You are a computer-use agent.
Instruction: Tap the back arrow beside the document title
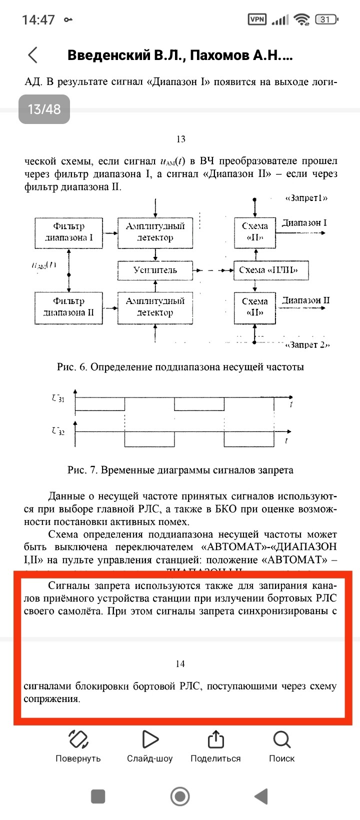tap(33, 55)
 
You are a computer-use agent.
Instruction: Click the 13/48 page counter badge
tap(44, 109)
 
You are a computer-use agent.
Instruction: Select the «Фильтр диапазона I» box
tap(69, 232)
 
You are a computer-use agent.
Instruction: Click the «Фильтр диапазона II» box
tap(69, 307)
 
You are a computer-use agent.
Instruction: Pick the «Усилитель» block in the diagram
tap(155, 270)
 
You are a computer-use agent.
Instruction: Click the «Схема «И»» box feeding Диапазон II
tap(255, 307)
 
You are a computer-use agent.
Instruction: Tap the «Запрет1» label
tap(306, 198)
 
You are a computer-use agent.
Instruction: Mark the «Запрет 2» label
tap(307, 345)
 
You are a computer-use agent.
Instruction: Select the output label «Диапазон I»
tap(304, 223)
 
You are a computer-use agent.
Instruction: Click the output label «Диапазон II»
tap(305, 300)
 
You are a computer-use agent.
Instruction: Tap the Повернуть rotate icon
tap(78, 739)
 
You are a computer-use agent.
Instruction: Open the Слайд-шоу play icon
tap(149, 739)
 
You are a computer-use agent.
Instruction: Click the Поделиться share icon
tap(215, 739)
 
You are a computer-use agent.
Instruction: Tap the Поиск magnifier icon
tap(282, 739)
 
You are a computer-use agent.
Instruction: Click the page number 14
tap(180, 664)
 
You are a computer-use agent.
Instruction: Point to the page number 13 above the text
tap(181, 139)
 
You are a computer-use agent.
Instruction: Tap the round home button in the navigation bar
tap(180, 796)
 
